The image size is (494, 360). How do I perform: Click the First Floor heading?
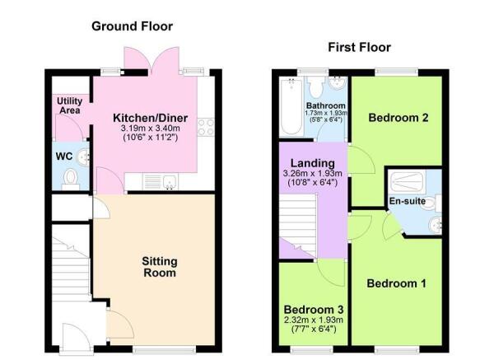[359, 47]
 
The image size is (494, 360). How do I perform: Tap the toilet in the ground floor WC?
[71, 177]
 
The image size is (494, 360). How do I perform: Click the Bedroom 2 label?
[398, 118]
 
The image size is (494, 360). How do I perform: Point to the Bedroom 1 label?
[397, 284]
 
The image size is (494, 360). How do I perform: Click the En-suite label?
[406, 200]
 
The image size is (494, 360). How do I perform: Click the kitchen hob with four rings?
[206, 127]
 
